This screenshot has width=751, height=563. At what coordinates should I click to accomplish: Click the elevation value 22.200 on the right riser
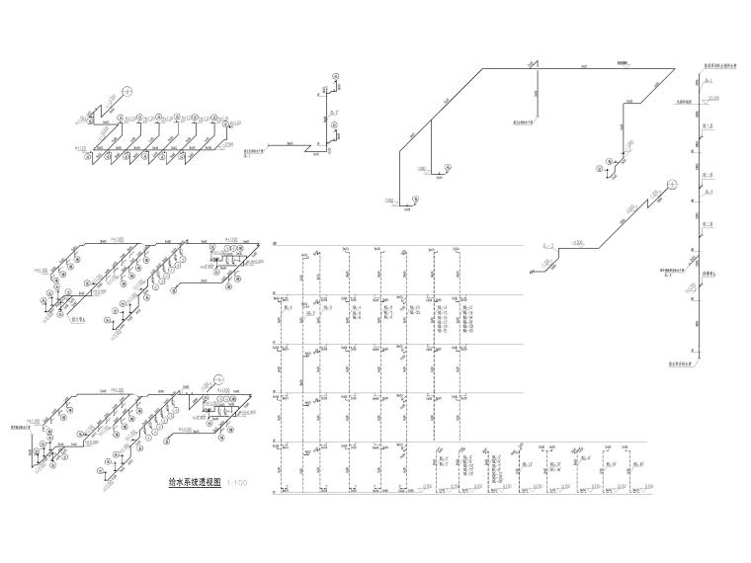click(709, 97)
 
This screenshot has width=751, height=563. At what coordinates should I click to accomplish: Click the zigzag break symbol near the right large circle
click(652, 201)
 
